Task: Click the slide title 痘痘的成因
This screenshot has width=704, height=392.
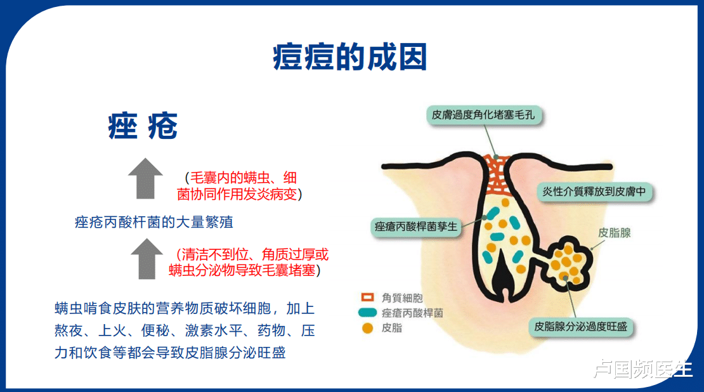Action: (x=349, y=57)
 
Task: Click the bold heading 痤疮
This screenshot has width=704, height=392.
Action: (x=143, y=126)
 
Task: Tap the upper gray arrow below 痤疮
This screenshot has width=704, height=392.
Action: (x=145, y=178)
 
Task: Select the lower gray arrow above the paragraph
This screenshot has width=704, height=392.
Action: (x=147, y=259)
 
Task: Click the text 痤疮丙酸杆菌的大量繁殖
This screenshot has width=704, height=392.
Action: (x=154, y=222)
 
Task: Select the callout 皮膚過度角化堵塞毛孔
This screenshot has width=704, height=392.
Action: (x=483, y=115)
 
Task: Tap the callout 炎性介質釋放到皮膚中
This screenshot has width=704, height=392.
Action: (x=594, y=192)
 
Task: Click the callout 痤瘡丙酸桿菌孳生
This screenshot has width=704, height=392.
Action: (x=416, y=226)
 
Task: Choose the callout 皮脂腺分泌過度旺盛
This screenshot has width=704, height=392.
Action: (x=580, y=327)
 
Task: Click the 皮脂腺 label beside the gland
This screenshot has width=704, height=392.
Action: (x=614, y=233)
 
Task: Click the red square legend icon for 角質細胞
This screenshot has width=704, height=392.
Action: (x=367, y=297)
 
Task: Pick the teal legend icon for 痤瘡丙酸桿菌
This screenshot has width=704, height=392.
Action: (x=367, y=313)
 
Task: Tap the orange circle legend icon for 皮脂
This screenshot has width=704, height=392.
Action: (x=367, y=328)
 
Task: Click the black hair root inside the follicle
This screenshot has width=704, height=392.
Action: (x=502, y=271)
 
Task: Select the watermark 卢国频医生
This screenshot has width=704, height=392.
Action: (x=642, y=369)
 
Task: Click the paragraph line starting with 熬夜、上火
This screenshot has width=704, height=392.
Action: (x=185, y=330)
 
